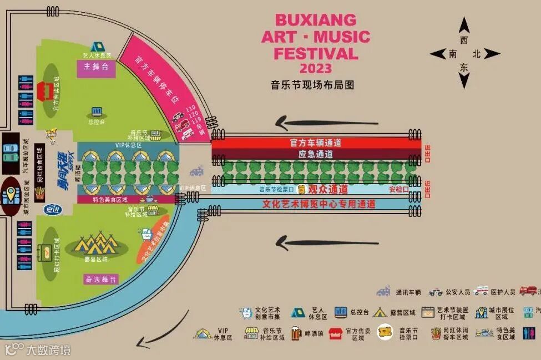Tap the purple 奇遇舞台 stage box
click(101, 280)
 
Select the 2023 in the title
click(316, 69)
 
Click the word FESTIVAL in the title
click(316, 54)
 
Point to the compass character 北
click(476, 54)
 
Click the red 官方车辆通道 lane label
click(316, 143)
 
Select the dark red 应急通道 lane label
click(316, 154)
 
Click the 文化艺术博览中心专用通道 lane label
click(318, 204)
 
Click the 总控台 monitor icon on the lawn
click(97, 111)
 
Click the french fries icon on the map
click(39, 192)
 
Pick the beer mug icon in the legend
click(297, 333)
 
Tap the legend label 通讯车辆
click(409, 292)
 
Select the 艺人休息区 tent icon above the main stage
click(97, 47)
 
